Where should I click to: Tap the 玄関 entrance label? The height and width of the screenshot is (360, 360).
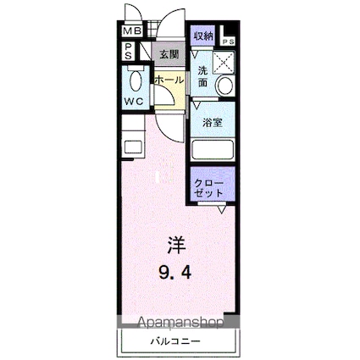(x=169, y=54)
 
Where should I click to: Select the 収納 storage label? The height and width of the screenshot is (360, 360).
(x=203, y=36)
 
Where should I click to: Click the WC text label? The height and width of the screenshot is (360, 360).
(x=133, y=102)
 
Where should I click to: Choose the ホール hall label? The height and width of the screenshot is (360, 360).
(x=168, y=80)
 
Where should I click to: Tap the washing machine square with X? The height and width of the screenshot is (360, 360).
(x=225, y=60)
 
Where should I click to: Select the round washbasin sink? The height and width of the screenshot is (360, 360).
(x=224, y=86)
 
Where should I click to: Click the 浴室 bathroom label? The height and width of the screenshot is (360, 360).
(x=212, y=123)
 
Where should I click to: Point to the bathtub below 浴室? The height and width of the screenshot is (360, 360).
(x=213, y=150)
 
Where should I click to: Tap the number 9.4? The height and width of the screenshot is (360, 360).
(x=174, y=274)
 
